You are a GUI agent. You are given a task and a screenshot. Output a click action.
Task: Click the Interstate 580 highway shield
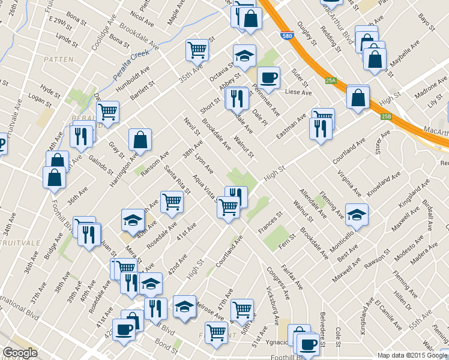point(288,36)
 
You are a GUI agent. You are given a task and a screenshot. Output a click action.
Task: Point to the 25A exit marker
point(330,80)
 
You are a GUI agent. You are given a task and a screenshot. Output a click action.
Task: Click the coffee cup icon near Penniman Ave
point(268,77)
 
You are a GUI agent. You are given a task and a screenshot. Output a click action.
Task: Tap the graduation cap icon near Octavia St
point(244,56)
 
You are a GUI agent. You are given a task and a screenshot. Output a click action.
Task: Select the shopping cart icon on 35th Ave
point(197,50)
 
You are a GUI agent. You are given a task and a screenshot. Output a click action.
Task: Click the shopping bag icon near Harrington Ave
point(140,140)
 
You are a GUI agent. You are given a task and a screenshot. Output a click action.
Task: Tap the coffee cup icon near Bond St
point(124,329)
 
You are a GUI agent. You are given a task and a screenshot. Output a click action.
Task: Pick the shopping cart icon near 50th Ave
point(242,309)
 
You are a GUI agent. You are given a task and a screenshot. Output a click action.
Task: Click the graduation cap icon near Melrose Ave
point(184,306)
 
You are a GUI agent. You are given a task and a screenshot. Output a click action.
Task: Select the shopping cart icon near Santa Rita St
point(172,202)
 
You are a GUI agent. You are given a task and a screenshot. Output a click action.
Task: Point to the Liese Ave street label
point(298,93)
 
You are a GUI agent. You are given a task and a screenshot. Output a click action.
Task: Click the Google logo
point(20,353)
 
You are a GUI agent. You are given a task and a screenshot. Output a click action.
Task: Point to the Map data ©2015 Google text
point(412,355)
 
